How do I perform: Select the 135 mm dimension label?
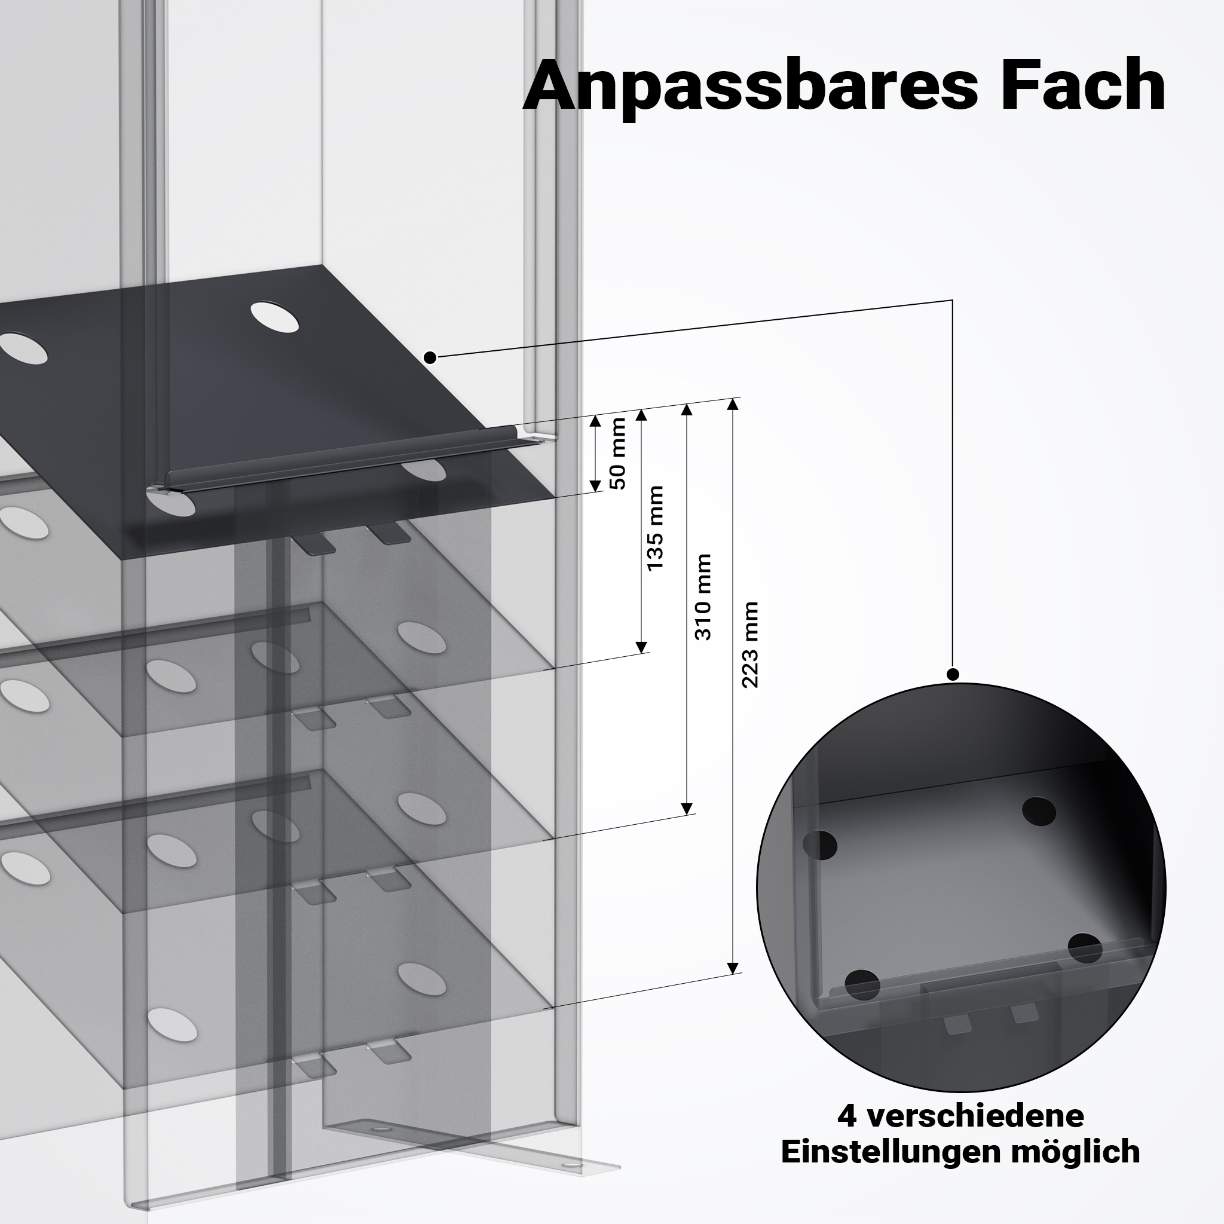pos(655,528)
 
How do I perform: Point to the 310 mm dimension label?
pos(703,597)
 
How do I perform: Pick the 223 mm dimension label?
pos(750,645)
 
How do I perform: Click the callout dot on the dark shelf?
pos(430,358)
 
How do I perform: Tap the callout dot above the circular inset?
pos(953,674)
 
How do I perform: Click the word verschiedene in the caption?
pos(974,1116)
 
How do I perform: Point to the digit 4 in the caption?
pos(847,1116)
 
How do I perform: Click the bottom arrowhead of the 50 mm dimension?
pos(595,486)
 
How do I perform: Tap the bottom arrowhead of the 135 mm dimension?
pos(642,647)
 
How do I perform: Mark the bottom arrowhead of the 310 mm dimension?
pos(686,809)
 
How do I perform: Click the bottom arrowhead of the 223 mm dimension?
pos(733,986)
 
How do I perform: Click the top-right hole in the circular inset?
pos(1039,811)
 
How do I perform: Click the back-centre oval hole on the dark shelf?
pos(274,318)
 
